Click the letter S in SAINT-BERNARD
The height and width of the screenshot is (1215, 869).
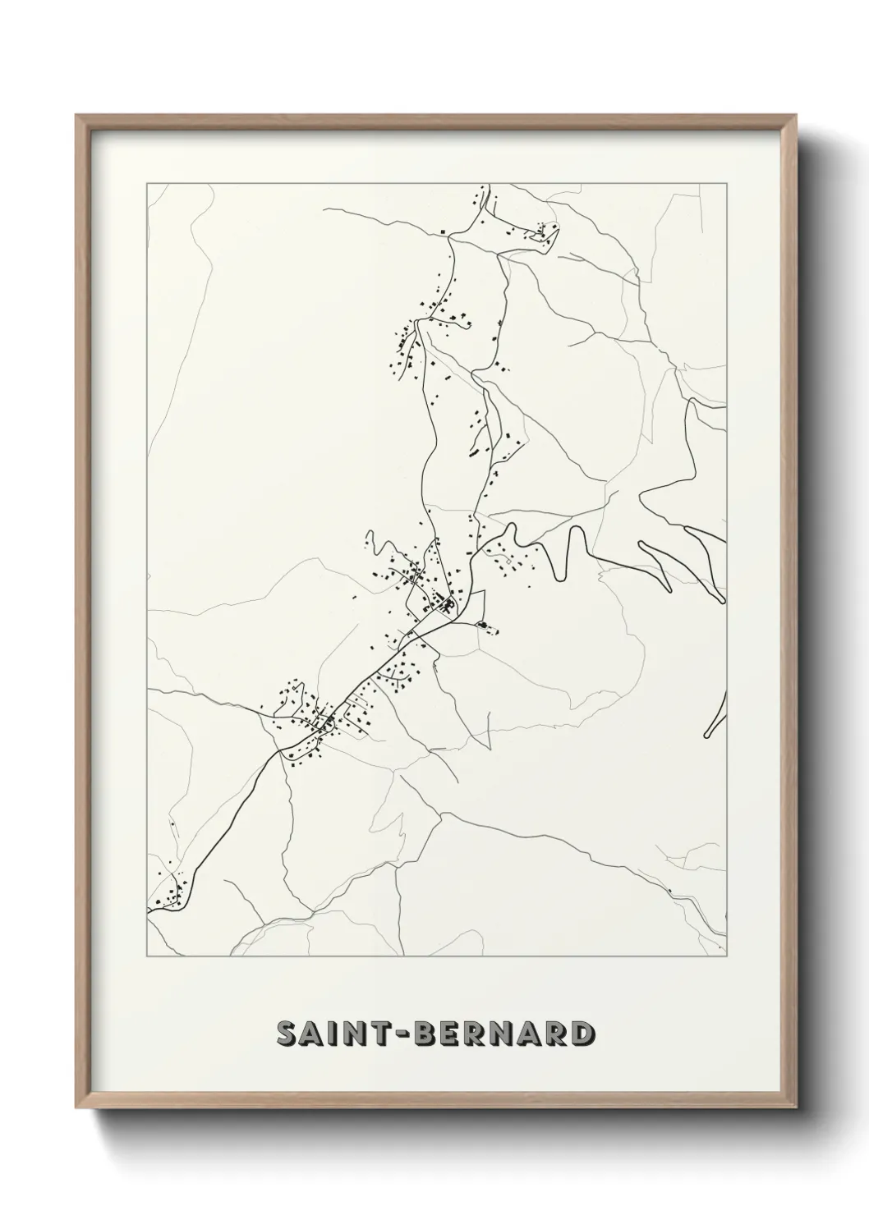point(287,1034)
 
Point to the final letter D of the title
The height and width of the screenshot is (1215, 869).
point(582,1034)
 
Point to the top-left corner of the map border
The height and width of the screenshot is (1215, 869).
point(147,183)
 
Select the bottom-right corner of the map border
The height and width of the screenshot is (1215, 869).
point(728,956)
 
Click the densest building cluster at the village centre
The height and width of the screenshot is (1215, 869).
point(444,606)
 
